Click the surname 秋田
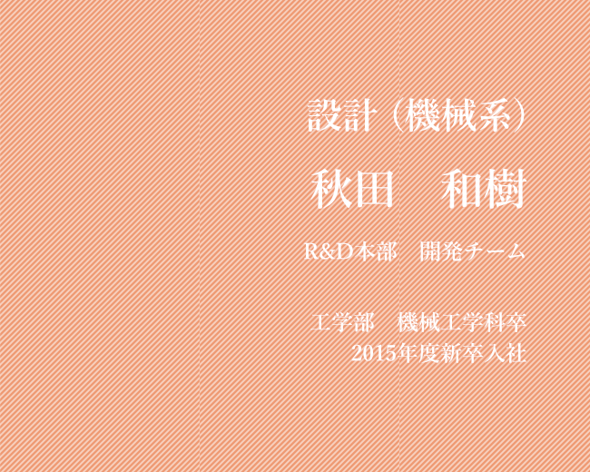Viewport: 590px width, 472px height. (x=352, y=190)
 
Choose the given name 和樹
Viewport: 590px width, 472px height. (x=484, y=190)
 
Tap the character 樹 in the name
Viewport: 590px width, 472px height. (x=506, y=190)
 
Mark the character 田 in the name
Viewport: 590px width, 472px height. (x=374, y=190)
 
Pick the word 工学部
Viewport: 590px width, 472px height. (x=342, y=322)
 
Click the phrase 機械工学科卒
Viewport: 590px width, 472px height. (x=462, y=322)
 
